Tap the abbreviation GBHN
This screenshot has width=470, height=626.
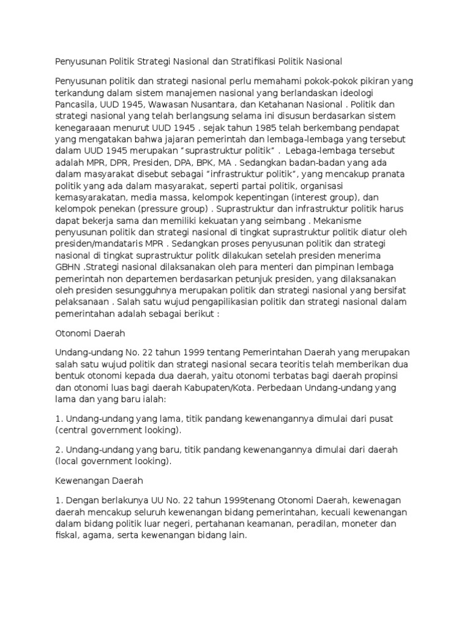[x=67, y=268]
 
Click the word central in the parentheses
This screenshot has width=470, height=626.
[x=71, y=430]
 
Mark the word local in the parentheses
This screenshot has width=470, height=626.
[x=67, y=461]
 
